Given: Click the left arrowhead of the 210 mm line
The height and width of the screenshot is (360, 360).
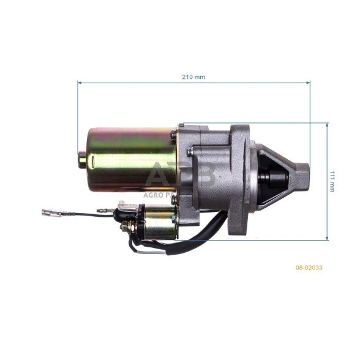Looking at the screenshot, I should (x=80, y=82).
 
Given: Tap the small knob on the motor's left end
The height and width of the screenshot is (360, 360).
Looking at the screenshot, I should (x=81, y=161).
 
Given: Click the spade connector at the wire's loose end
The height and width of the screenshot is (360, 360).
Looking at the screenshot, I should (x=50, y=214).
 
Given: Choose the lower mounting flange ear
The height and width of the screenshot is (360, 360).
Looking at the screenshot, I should (x=238, y=223).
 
